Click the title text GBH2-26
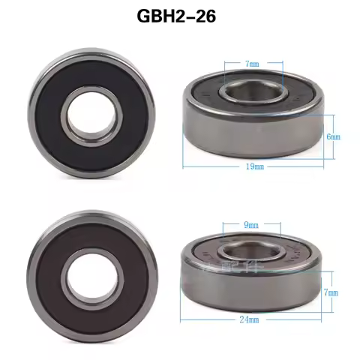178,17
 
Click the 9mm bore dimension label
251,224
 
